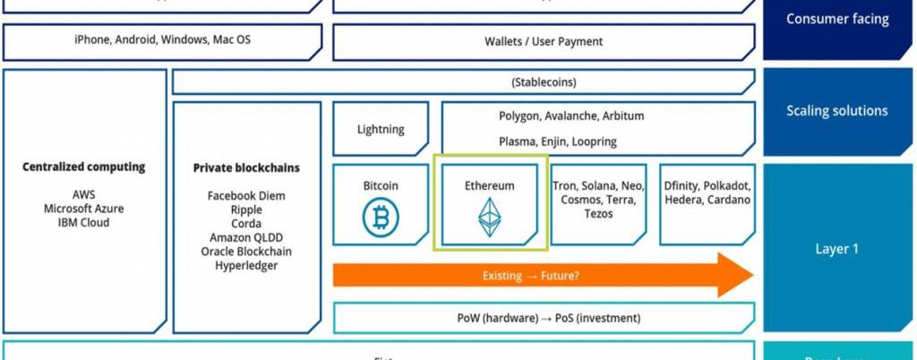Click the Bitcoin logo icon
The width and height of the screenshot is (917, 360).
click(381, 217)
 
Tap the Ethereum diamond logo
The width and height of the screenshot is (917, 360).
click(489, 218)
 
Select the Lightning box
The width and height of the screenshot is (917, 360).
click(381, 129)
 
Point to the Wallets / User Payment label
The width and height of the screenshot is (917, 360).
click(544, 41)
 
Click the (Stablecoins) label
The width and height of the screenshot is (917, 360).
click(544, 82)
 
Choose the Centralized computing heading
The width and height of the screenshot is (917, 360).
click(84, 167)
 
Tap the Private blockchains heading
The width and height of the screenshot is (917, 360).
click(246, 167)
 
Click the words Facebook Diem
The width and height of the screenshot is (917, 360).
click(246, 195)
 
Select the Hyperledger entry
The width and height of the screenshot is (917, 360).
click(246, 265)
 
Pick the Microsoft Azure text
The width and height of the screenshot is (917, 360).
click(84, 209)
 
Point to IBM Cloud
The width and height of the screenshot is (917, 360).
click(84, 222)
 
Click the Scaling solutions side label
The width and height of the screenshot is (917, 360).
click(836, 111)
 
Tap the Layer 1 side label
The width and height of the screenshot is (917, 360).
click(836, 249)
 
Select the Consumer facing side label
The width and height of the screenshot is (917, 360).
click(836, 18)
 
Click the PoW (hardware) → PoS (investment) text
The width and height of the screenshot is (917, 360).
click(544, 318)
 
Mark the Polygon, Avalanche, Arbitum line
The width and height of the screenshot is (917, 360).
click(571, 116)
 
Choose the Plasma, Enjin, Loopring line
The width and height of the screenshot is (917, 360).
click(558, 141)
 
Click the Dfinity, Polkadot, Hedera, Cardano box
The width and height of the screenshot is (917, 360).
click(707, 202)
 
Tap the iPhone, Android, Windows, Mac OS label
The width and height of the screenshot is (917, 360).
click(162, 40)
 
